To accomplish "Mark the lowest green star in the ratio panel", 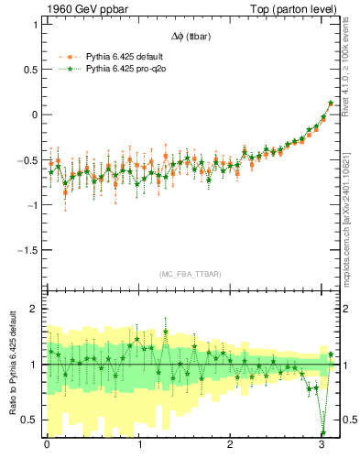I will [x=322, y=433].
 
